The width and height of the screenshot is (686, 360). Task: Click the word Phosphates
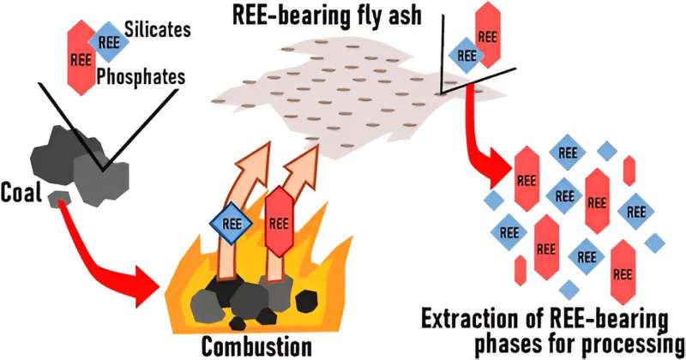pos(141,77)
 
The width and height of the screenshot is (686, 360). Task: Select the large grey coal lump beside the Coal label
pos(94,176)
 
